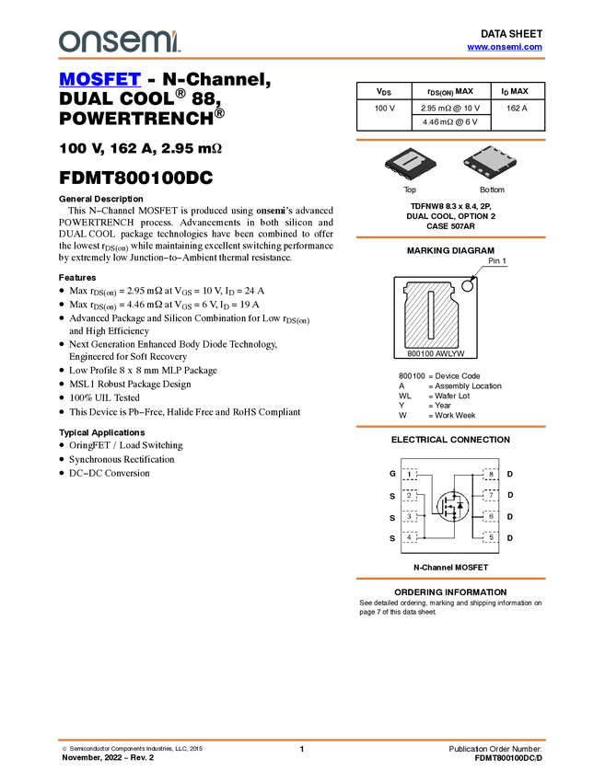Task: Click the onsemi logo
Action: point(119,41)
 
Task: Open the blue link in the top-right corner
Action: point(505,47)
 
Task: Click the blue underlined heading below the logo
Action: point(99,80)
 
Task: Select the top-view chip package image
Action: point(410,163)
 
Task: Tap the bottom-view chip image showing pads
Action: point(489,163)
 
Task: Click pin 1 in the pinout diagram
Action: point(410,475)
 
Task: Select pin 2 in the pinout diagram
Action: point(410,496)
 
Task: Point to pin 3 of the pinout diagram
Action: point(410,516)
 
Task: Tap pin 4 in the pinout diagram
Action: point(410,536)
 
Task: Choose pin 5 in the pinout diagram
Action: point(491,536)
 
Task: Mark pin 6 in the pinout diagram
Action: point(491,516)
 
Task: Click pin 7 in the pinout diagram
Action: point(491,496)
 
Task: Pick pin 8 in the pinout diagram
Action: point(491,475)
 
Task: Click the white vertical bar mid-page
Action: point(431,315)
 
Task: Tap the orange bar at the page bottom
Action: point(302,739)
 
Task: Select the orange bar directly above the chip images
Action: point(450,140)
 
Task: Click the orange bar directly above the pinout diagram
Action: point(450,426)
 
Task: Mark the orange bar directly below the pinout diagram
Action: point(450,579)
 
